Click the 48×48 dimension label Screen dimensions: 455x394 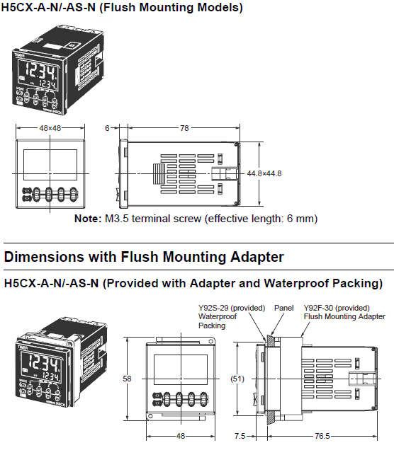point(50,128)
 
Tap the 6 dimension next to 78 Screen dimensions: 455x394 point(107,128)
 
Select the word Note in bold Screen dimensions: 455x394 point(87,219)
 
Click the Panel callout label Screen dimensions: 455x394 point(283,308)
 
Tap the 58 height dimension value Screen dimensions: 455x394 point(127,379)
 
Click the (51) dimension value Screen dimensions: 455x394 point(238,379)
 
